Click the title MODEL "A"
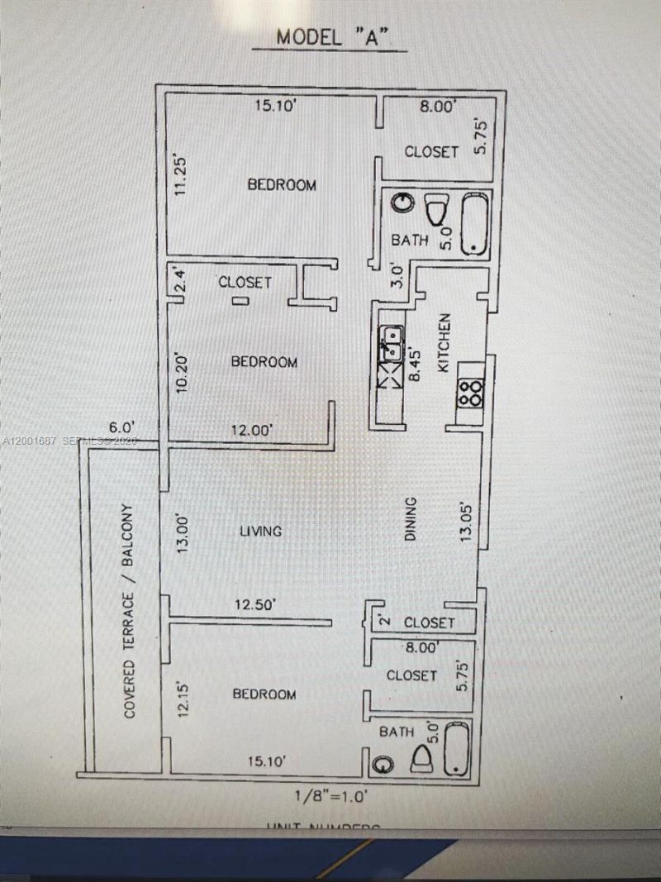[x=330, y=37]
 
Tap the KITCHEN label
[x=443, y=342]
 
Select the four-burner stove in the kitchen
[x=470, y=392]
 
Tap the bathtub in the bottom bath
[x=456, y=748]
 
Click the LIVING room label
[x=260, y=532]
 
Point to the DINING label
[x=411, y=519]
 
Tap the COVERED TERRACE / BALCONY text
[x=130, y=610]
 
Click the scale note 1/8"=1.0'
[x=330, y=798]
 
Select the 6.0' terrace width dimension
[x=121, y=427]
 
